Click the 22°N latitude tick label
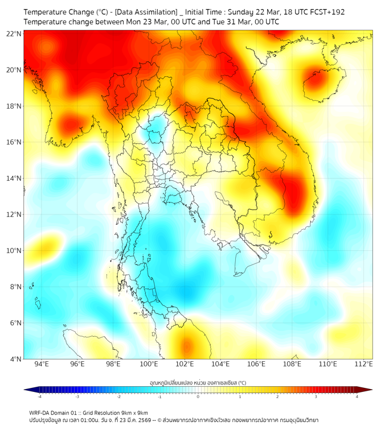(13, 34)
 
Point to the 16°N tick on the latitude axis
(13, 142)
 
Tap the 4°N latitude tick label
(14, 359)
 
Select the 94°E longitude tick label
(41, 364)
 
